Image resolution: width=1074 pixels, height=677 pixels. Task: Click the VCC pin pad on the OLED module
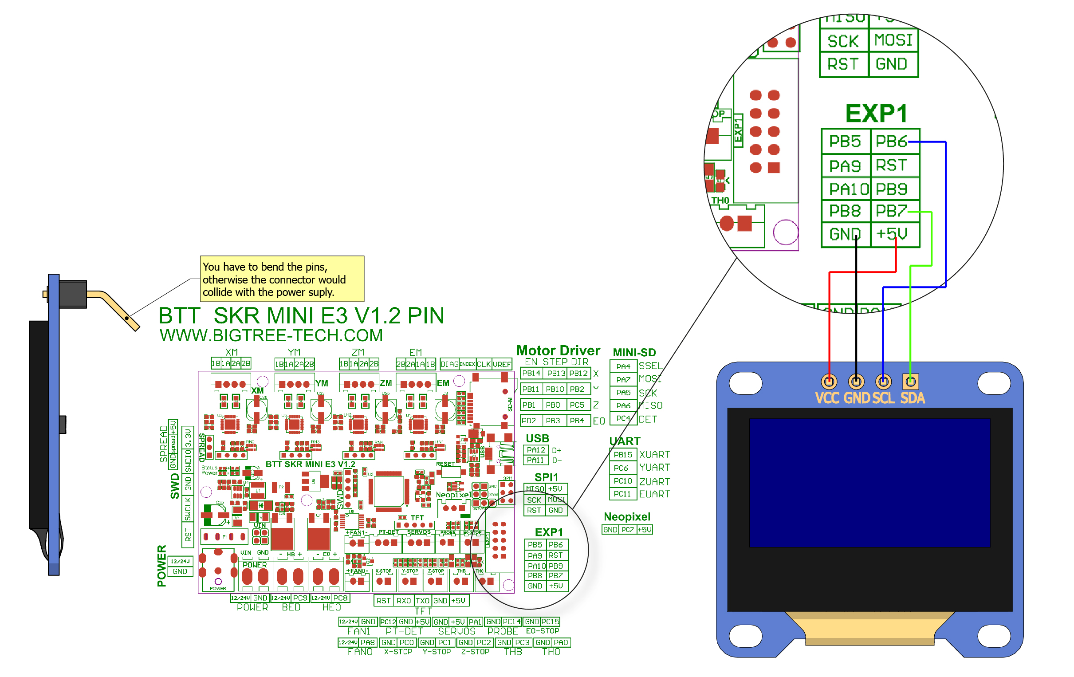coord(829,382)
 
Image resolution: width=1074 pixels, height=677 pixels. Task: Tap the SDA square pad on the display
coord(910,382)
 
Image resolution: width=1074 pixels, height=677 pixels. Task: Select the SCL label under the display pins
coord(883,398)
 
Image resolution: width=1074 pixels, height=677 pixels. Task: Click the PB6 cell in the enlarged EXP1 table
coord(891,142)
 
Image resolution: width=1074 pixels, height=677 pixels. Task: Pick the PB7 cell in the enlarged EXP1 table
coord(891,210)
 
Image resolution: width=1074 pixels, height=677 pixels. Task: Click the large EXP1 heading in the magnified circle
coord(876,113)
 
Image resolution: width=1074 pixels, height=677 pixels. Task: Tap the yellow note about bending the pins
coord(282,279)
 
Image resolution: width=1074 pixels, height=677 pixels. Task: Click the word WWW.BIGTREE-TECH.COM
coord(271,335)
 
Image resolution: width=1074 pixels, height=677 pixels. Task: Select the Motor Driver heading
coord(558,350)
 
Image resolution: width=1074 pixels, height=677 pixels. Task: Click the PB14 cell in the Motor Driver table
coord(531,373)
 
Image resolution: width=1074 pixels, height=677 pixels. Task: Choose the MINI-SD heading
coord(634,352)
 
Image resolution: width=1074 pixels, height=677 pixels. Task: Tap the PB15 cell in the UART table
coord(623,454)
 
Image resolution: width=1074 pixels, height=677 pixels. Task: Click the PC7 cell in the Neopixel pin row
coord(628,529)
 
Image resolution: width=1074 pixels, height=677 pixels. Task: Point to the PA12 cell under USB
coord(535,450)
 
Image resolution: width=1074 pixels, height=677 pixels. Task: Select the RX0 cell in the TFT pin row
coord(404,601)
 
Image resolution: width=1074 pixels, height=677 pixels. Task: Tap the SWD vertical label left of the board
coord(174,486)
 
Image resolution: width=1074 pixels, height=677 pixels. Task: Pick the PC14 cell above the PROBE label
coord(511,621)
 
